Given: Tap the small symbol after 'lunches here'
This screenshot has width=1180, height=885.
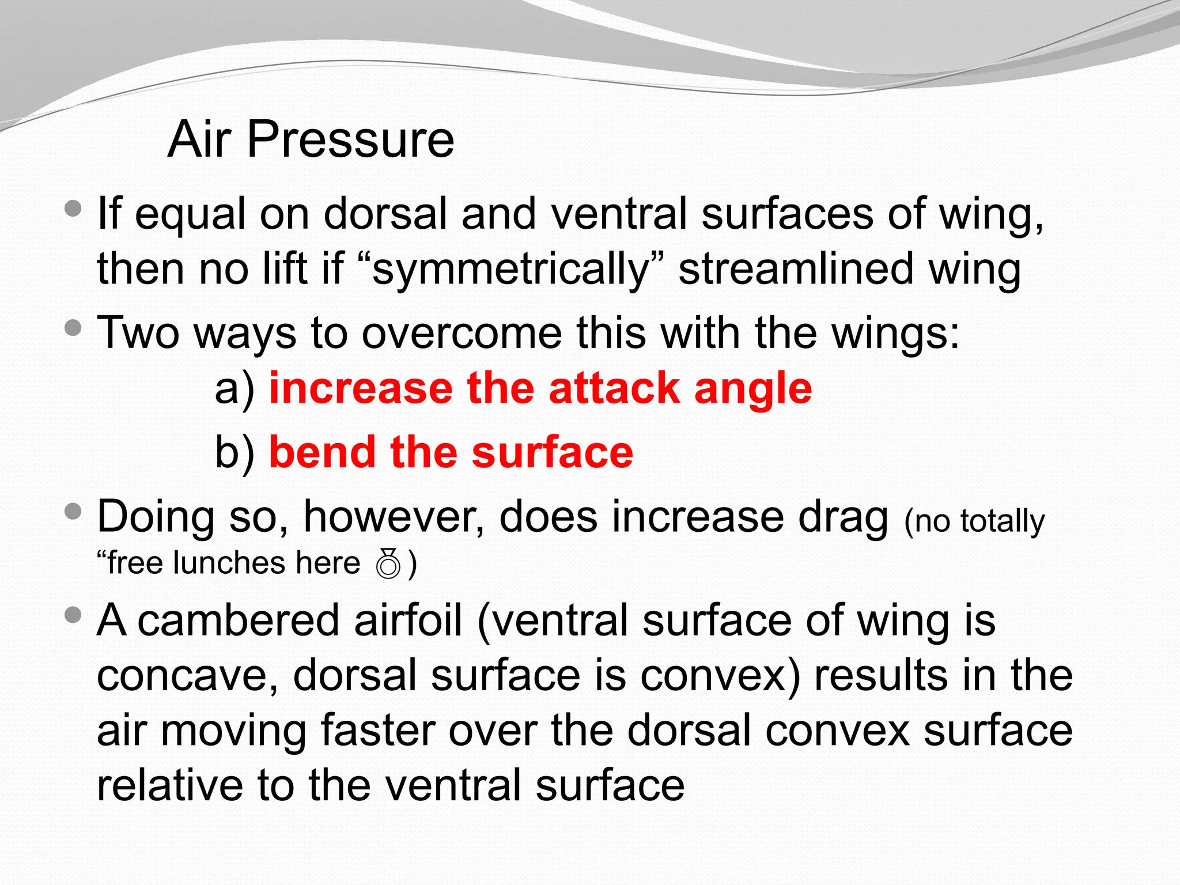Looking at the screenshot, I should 388,563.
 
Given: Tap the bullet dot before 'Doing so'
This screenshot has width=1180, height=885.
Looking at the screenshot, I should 73,511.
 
